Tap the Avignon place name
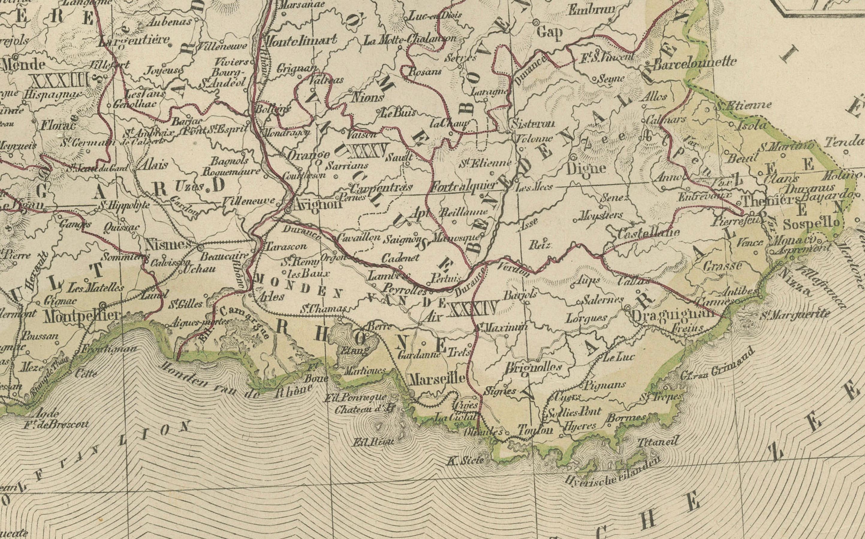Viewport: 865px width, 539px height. pyautogui.click(x=317, y=205)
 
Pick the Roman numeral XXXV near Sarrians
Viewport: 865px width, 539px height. pyautogui.click(x=367, y=151)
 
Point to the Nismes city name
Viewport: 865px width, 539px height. pyautogui.click(x=168, y=244)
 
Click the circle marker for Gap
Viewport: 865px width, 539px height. pyautogui.click(x=536, y=22)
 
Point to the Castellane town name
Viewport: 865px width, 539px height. pyautogui.click(x=648, y=234)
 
